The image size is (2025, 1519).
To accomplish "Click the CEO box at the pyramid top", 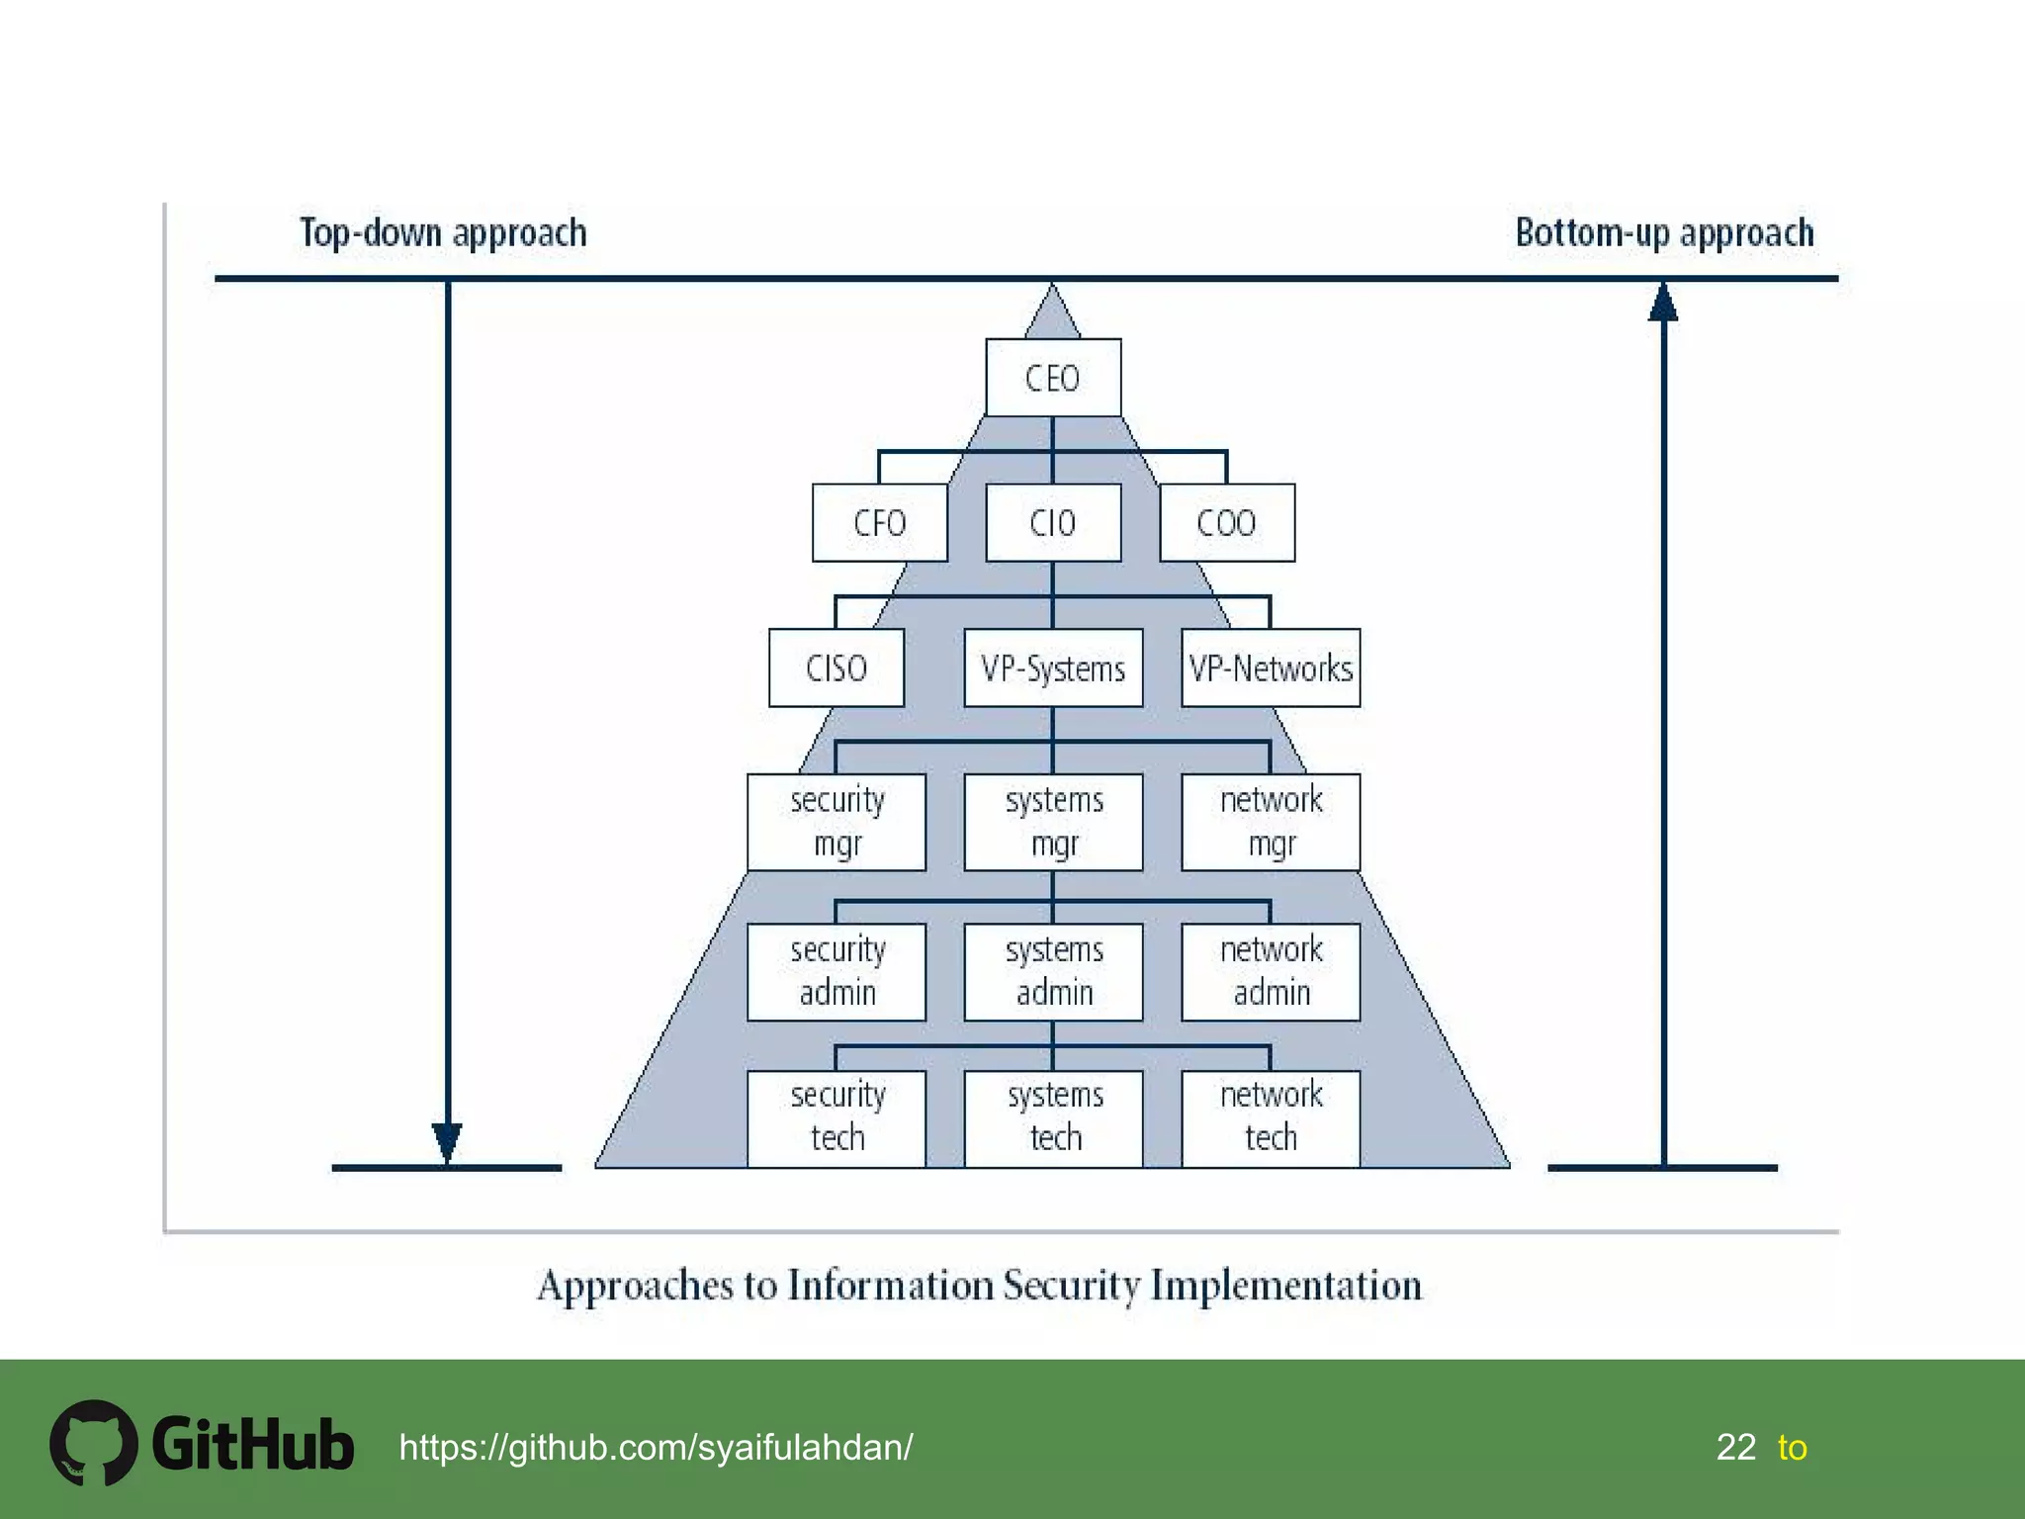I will coord(1053,378).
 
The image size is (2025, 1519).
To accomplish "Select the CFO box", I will coord(879,522).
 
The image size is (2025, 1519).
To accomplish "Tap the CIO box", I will coord(1053,522).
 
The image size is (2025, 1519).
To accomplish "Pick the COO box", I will coord(1226,522).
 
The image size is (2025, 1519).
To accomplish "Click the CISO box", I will coord(836,668).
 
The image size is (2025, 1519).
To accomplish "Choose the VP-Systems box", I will coord(1053,668).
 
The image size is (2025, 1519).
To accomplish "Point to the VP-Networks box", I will coord(1271,668).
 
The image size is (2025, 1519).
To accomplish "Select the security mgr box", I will coord(836,822).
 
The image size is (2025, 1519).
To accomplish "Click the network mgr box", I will coord(1271,822).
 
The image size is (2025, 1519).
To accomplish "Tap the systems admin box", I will coord(1053,971).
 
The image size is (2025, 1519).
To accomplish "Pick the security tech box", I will coord(836,1117).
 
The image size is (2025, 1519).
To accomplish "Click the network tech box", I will coord(1271,1117).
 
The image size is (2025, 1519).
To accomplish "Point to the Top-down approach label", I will coord(443,233).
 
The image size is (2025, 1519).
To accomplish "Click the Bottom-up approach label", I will coord(1664,233).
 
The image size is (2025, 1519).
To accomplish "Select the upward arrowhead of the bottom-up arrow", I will coord(1663,303).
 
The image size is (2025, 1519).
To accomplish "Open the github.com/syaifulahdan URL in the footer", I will coord(656,1447).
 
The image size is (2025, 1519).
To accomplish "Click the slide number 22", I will coord(1735,1447).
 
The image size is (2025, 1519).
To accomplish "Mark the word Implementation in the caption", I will coord(1285,1286).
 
